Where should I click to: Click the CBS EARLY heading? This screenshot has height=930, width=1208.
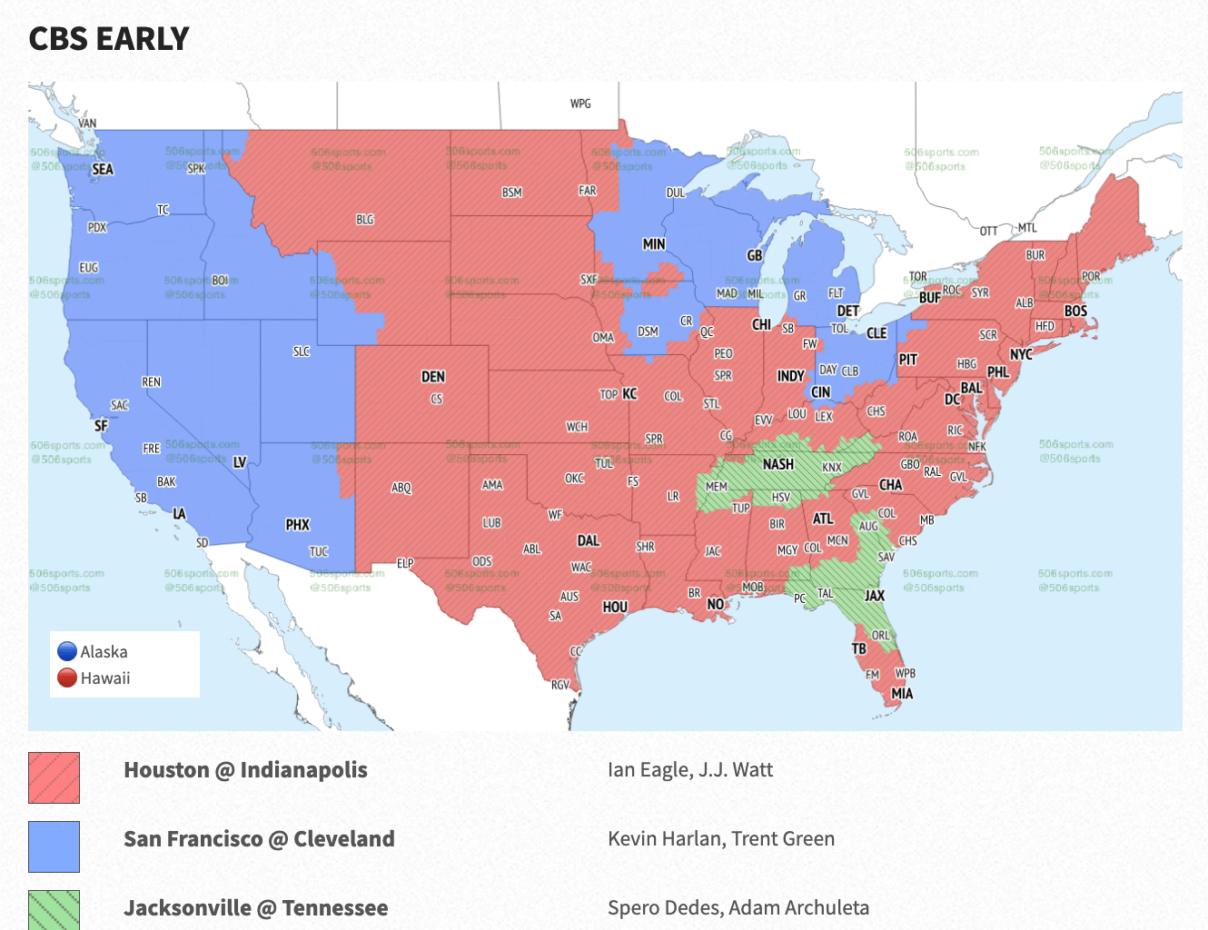point(109,39)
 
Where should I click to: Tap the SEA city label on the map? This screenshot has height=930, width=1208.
point(103,169)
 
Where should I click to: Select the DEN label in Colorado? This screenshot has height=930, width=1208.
point(433,377)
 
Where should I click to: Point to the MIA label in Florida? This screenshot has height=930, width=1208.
point(902,694)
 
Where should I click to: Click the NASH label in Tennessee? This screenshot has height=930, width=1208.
point(778,464)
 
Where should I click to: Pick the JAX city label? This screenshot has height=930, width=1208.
point(875,596)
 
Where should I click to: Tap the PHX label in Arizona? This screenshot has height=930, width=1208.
point(298,525)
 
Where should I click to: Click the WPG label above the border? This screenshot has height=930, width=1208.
point(580,104)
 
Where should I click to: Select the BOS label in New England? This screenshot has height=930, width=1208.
point(1075,311)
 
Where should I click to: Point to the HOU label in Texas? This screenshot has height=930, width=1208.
point(615,607)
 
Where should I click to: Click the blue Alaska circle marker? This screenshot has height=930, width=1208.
point(67,651)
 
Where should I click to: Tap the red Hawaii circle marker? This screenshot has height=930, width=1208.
point(67,678)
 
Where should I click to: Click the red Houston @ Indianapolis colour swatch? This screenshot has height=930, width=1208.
point(54,777)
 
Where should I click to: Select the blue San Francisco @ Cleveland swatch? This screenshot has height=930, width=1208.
point(54,846)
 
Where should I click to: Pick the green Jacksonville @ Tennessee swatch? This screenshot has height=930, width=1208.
point(54,910)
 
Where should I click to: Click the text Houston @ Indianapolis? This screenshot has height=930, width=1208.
point(245,770)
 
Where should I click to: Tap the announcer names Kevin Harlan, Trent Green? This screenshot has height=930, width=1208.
point(721,839)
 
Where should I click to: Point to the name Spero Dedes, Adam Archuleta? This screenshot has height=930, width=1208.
point(738,907)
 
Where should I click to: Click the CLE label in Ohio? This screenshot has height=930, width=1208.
point(876,333)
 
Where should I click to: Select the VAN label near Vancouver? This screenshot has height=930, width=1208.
point(87,124)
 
